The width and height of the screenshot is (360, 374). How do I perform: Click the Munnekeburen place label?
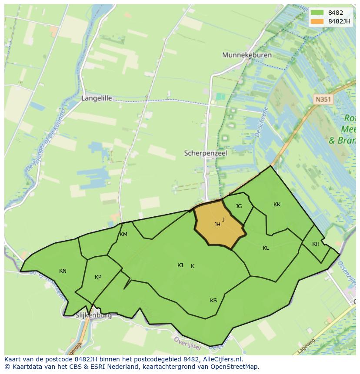(x=247, y=55)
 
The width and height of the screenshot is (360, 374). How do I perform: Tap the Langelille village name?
(x=97, y=98)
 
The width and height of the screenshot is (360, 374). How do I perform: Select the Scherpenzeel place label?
(x=206, y=153)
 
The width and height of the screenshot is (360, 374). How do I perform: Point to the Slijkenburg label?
(x=93, y=315)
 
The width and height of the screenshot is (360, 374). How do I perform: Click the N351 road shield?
(x=323, y=99)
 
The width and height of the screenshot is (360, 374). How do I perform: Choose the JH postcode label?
(x=217, y=225)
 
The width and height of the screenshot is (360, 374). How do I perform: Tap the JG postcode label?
(x=239, y=206)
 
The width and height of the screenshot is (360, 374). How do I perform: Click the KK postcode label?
(x=277, y=205)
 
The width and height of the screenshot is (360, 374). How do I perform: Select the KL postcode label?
(x=266, y=248)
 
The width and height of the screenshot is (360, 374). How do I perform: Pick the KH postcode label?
(x=316, y=244)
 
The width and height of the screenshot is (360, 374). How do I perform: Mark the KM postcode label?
(x=123, y=235)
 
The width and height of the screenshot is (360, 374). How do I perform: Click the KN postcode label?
(x=63, y=271)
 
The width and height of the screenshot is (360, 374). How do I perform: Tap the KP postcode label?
(x=98, y=277)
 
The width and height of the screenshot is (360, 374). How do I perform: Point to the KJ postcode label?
(x=180, y=265)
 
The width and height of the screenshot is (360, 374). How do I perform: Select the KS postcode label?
(x=213, y=301)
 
